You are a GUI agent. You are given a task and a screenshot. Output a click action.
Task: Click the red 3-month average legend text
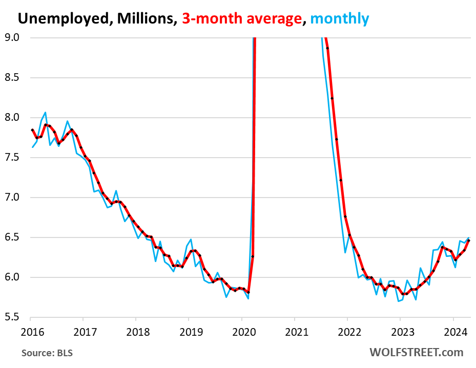pos(240,19)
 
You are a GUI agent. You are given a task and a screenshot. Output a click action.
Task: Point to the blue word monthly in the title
pos(339,19)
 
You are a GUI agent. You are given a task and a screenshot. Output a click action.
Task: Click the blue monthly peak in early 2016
pos(45,112)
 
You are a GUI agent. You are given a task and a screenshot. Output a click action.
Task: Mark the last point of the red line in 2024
pos(469,241)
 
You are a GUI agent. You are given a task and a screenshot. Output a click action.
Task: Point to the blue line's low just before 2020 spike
pos(249,298)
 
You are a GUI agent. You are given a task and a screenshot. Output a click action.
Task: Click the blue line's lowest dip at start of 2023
pos(399,301)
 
